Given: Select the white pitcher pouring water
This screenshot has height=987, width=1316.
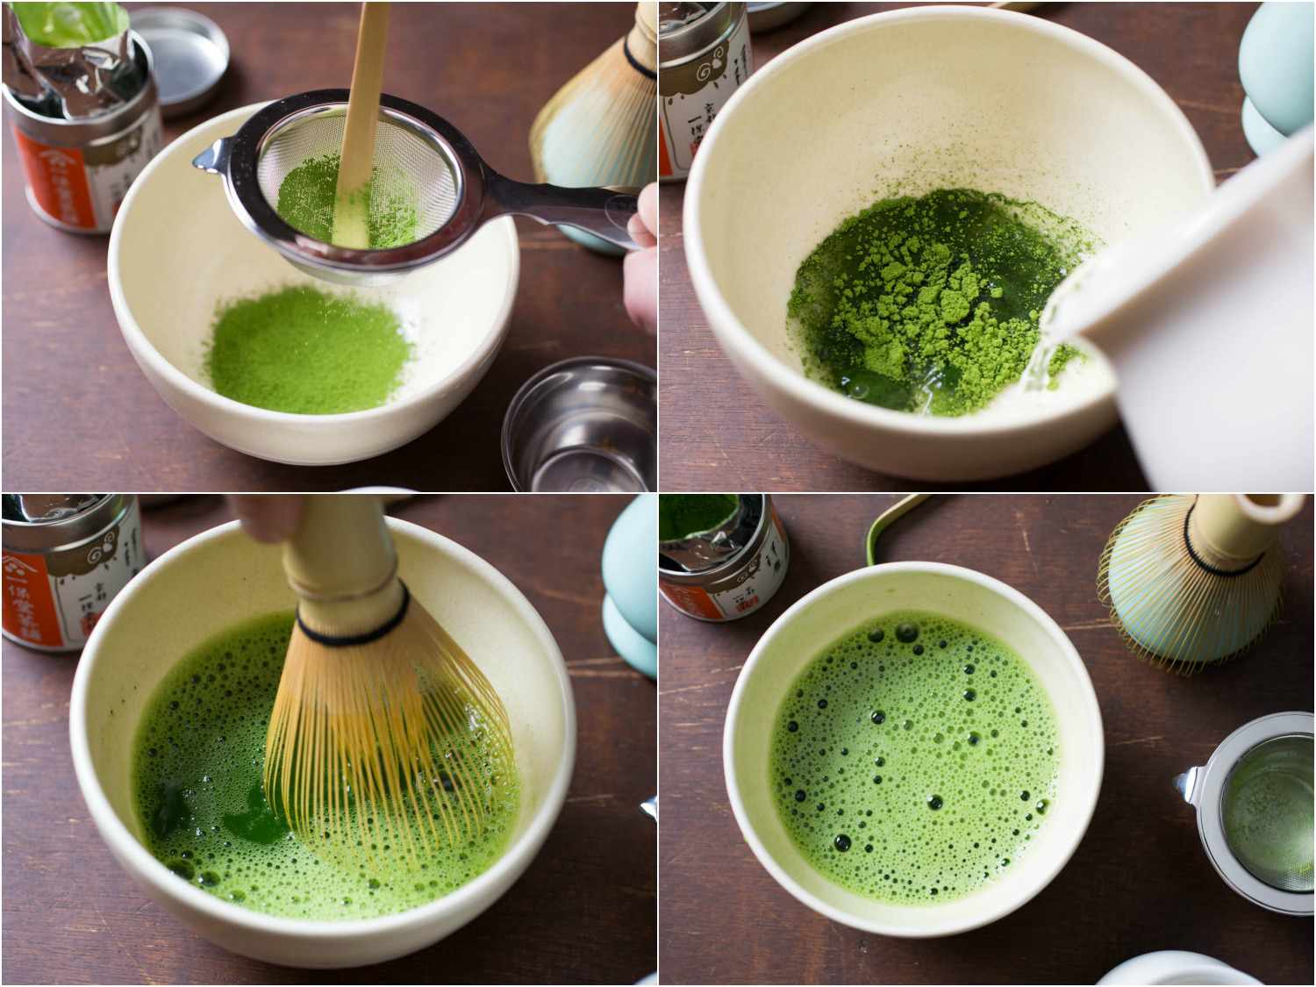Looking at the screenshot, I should tap(1211, 307).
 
